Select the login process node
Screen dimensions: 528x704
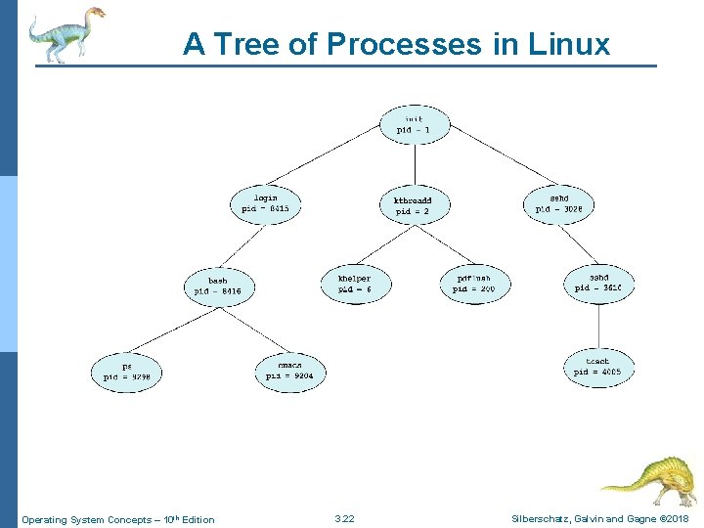[x=265, y=202]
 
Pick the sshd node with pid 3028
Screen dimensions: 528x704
[x=559, y=202]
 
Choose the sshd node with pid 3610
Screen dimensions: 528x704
[x=598, y=282]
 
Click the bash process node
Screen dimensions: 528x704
[x=217, y=286]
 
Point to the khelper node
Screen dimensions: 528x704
[x=354, y=284]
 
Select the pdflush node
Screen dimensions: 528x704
[x=474, y=284]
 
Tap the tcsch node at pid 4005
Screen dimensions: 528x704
[x=597, y=367]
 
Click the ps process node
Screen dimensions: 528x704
[x=126, y=371]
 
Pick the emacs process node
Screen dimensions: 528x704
[x=289, y=372]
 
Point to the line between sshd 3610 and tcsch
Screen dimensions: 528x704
[x=598, y=325]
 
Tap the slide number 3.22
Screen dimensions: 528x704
[x=344, y=518]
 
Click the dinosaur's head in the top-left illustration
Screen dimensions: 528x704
[x=94, y=14]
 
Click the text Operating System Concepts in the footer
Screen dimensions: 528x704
[x=86, y=519]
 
